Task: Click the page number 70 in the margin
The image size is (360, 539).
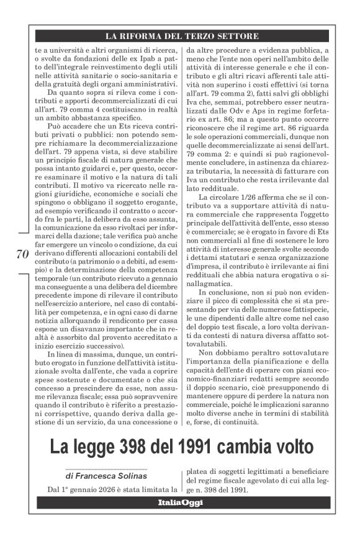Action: click(x=20, y=254)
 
